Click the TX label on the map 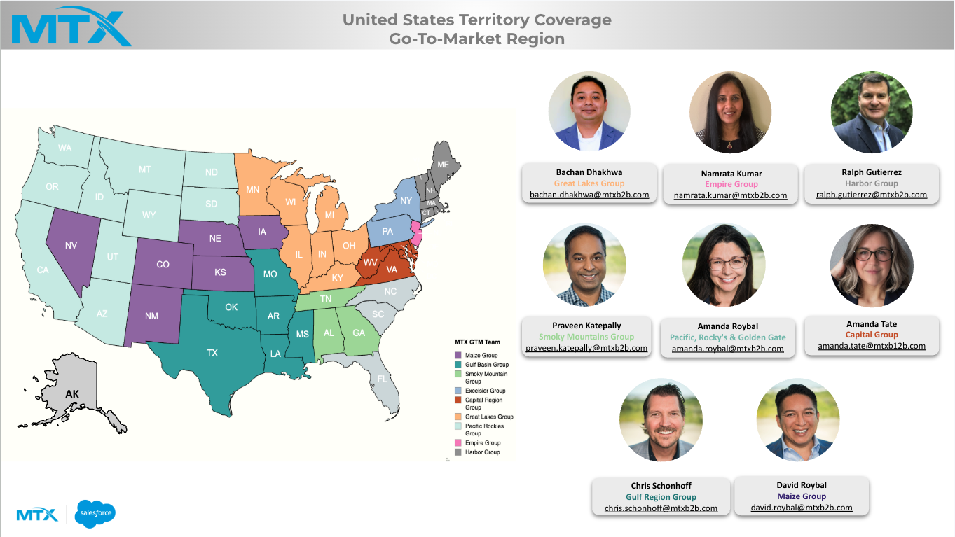point(212,353)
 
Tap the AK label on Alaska point(72,394)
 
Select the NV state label point(71,246)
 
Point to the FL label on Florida point(382,379)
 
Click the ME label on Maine point(443,165)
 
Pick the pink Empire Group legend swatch point(458,442)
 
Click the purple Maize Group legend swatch point(458,356)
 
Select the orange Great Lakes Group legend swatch point(458,417)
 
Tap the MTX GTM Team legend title point(478,342)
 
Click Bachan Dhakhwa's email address point(589,195)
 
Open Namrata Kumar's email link point(730,195)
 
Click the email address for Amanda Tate point(871,346)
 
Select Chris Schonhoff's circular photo point(660,420)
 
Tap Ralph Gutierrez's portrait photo point(871,112)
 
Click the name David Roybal point(802,485)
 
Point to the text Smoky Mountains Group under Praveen point(586,337)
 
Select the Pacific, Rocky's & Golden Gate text point(727,337)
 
